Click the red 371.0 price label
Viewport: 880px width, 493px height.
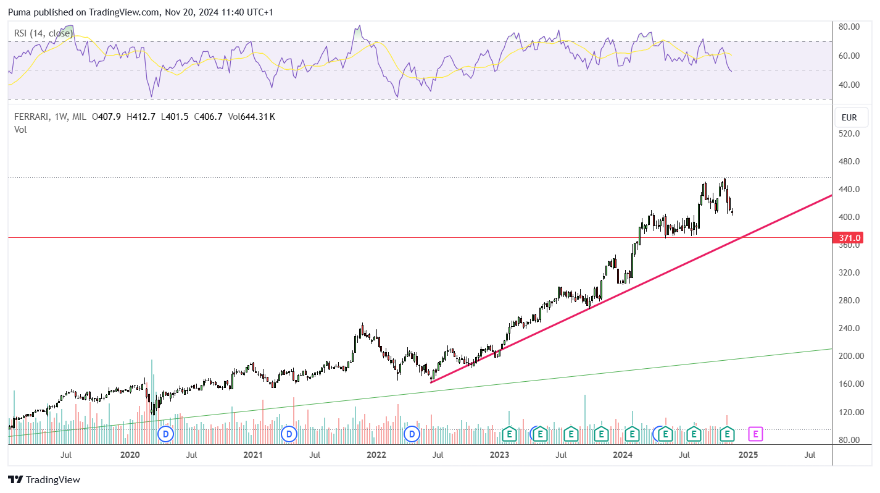coord(848,238)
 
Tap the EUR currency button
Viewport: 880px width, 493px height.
coord(849,117)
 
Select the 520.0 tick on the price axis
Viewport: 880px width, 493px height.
coord(849,133)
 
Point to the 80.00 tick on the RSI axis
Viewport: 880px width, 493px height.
coord(849,27)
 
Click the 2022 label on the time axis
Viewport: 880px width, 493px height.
coord(376,455)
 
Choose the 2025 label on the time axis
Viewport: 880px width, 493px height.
coord(749,455)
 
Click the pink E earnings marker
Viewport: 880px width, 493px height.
coord(755,434)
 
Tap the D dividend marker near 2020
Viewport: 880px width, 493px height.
coord(166,434)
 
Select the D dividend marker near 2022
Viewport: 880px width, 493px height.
coord(412,434)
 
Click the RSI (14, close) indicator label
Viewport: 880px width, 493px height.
coord(44,33)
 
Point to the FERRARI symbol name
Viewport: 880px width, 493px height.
coord(31,117)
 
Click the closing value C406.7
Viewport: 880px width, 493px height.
coord(208,117)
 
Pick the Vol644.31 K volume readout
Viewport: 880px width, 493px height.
coord(251,117)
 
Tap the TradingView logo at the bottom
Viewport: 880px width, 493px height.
coord(44,479)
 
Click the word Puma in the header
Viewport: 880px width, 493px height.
coord(20,12)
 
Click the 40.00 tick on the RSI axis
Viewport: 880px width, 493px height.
coord(849,85)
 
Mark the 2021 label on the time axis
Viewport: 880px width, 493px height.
coord(253,455)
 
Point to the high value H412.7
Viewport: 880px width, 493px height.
coord(141,117)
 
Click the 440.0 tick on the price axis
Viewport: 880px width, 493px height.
coord(849,190)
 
